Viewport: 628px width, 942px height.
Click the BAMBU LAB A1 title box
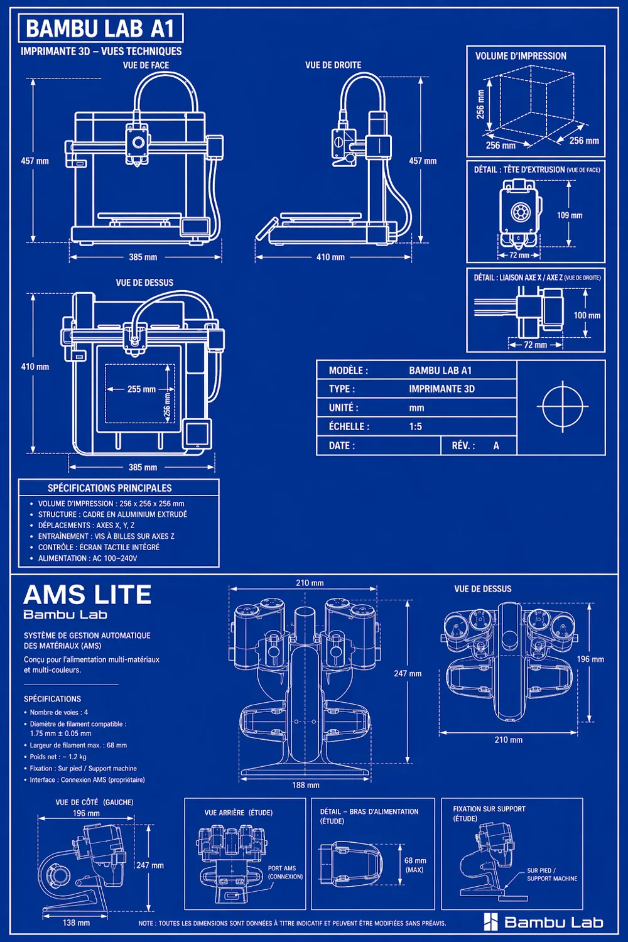100,28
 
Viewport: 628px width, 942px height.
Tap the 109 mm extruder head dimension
570,215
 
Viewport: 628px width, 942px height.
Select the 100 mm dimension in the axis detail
587,315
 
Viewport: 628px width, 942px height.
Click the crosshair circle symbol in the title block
563,407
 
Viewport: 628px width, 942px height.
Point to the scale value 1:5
415,426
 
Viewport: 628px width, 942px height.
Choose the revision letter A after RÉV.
496,445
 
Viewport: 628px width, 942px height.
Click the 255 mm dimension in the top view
141,389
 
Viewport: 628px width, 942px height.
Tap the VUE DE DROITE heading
333,65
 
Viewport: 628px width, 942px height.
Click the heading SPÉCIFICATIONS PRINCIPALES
110,488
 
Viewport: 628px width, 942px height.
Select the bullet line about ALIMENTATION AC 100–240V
87,558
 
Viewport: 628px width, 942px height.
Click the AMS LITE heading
87,594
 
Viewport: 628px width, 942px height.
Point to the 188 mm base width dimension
305,785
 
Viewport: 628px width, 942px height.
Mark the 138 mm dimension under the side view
76,923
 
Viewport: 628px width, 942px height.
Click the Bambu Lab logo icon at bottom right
490,921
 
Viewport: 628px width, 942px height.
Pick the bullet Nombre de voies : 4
59,712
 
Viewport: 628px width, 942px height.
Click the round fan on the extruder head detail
518,212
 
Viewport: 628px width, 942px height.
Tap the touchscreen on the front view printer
195,226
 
